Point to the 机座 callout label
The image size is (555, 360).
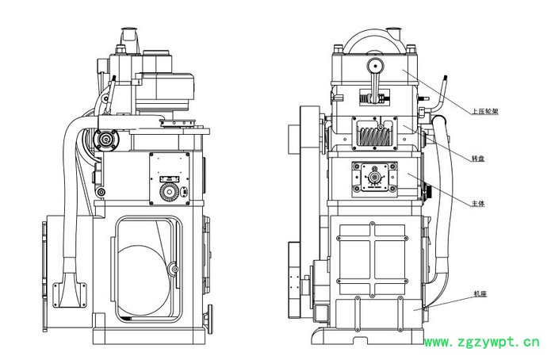(x=478, y=294)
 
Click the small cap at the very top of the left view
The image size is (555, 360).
(x=128, y=35)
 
